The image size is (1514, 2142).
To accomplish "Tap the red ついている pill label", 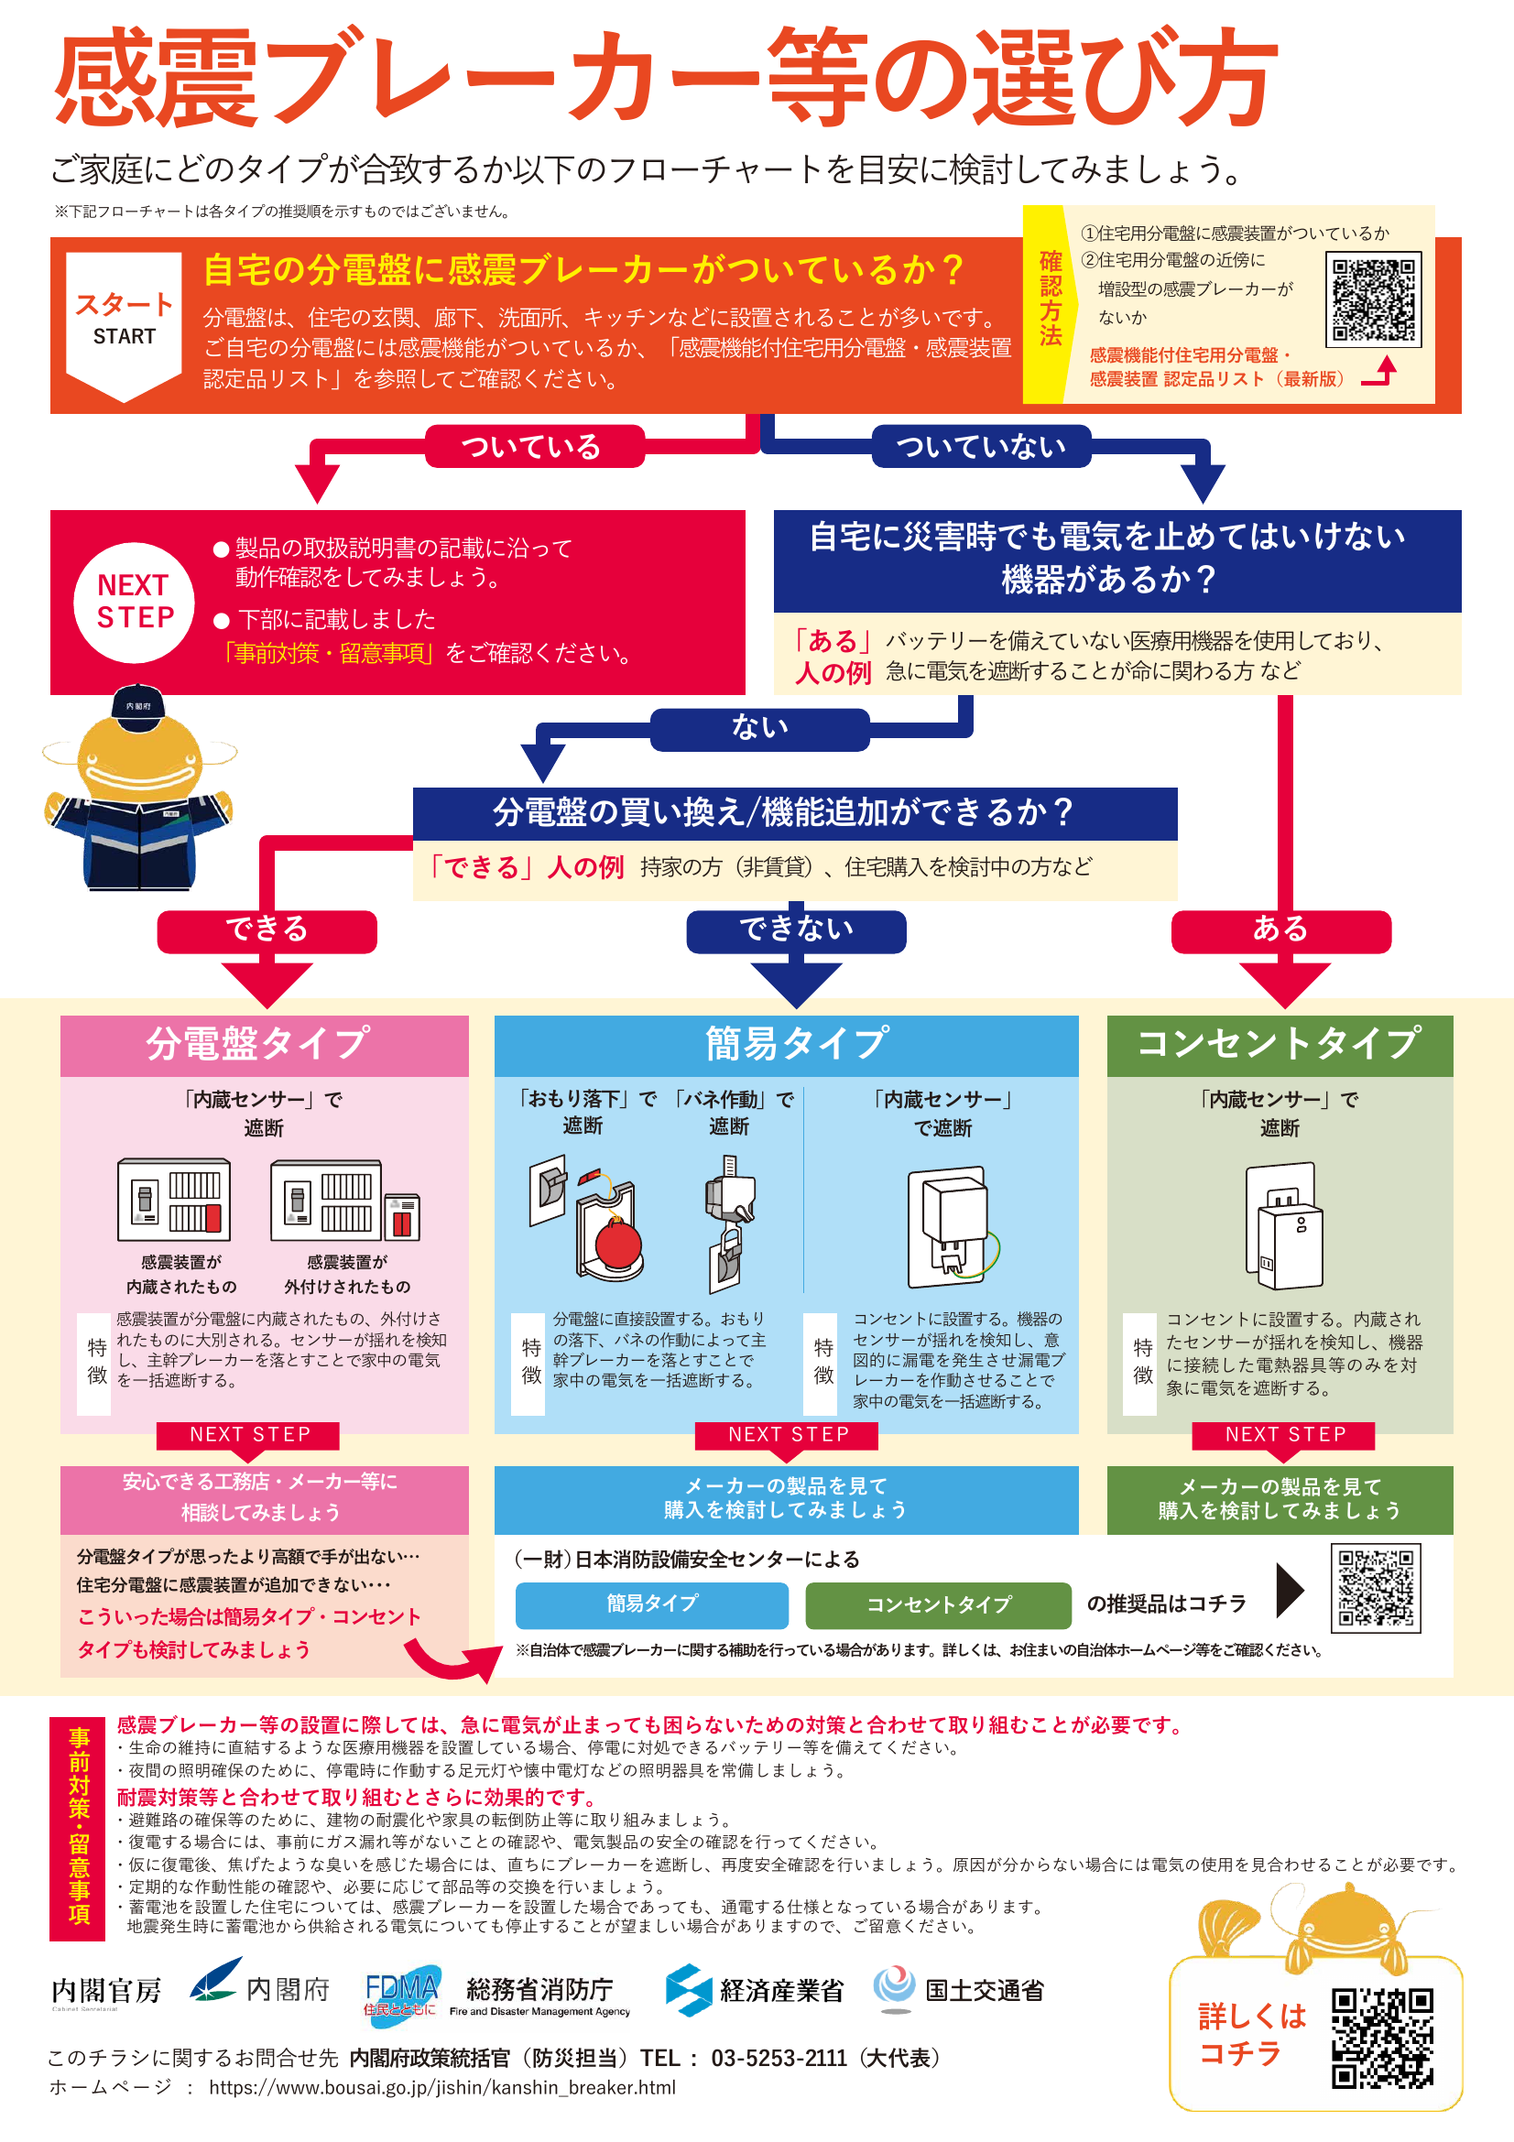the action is [535, 447].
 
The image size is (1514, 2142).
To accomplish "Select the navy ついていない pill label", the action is [981, 447].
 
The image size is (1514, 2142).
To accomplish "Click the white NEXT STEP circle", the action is [135, 602].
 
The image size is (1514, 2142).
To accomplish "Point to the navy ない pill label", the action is [760, 729].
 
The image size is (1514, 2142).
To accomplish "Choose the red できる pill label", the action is [267, 931].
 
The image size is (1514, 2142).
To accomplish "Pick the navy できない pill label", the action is [796, 931].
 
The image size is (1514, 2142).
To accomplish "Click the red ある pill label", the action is [1280, 931].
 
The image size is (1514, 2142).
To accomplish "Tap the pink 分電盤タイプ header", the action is [264, 1046].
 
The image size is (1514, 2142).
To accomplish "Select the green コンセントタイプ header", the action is [1280, 1046].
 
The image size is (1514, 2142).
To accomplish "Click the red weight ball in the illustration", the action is [618, 1243].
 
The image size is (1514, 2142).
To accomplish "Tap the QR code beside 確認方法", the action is [1373, 299].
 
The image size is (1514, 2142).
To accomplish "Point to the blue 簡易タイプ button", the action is [652, 1604].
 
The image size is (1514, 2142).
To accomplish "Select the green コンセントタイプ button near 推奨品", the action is [939, 1604].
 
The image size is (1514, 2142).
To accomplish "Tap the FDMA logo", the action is [401, 1993].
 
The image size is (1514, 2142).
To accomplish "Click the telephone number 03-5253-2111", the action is [779, 2058].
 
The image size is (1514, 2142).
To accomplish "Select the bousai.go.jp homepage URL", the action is [442, 2088].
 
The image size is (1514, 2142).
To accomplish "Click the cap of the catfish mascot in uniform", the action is [138, 701].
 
